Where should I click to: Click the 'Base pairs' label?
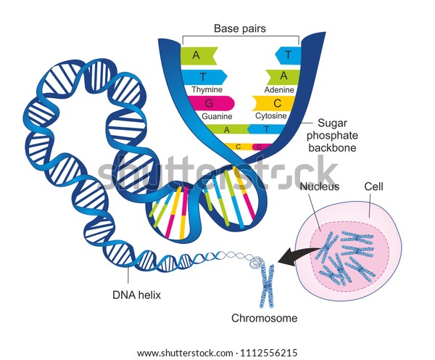[x=240, y=28]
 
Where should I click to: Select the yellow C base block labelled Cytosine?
[x=274, y=103]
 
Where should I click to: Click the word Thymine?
[x=207, y=89]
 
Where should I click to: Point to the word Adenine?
[x=279, y=90]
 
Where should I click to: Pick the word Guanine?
[x=217, y=116]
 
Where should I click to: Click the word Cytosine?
[x=270, y=115]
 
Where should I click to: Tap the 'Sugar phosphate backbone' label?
[x=332, y=135]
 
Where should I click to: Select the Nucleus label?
[x=320, y=187]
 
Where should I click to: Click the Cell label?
[x=373, y=187]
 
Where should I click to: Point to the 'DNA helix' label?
[x=137, y=295]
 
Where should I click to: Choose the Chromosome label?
[x=265, y=318]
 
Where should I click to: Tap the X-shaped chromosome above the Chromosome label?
[x=267, y=285]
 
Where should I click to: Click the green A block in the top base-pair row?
[x=199, y=56]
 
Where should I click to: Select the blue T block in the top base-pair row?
[x=288, y=55]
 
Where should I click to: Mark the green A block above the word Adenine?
[x=283, y=76]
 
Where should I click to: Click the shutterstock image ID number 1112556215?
[x=268, y=353]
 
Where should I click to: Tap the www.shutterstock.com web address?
[x=185, y=353]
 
